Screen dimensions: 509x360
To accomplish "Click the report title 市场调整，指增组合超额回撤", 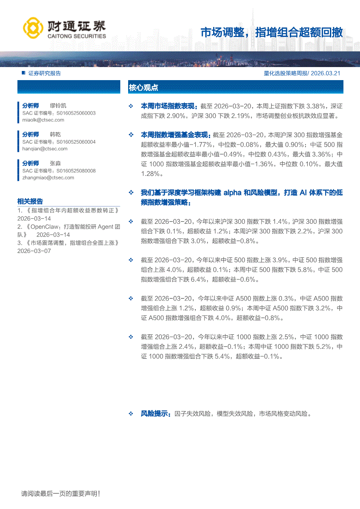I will (272, 33).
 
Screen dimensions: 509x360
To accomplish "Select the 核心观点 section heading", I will (143, 88).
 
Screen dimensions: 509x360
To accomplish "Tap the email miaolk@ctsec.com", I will (44, 119).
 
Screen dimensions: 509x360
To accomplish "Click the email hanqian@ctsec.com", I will (45, 148).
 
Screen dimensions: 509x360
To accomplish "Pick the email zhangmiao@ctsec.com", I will (48, 178).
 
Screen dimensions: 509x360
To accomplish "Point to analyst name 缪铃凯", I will (58, 106).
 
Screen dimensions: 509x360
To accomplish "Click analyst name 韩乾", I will (55, 135).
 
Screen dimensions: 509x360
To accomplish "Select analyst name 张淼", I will (55, 163).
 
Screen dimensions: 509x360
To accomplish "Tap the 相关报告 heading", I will (30, 201).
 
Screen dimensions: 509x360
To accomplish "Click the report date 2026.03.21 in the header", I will (326, 74).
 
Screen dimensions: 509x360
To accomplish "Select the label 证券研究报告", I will (44, 74).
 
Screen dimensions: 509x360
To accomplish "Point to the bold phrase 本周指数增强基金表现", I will (175, 135).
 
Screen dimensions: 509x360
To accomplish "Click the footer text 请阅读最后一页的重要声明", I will (61, 494).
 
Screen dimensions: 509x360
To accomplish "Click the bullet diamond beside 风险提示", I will (131, 414).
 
